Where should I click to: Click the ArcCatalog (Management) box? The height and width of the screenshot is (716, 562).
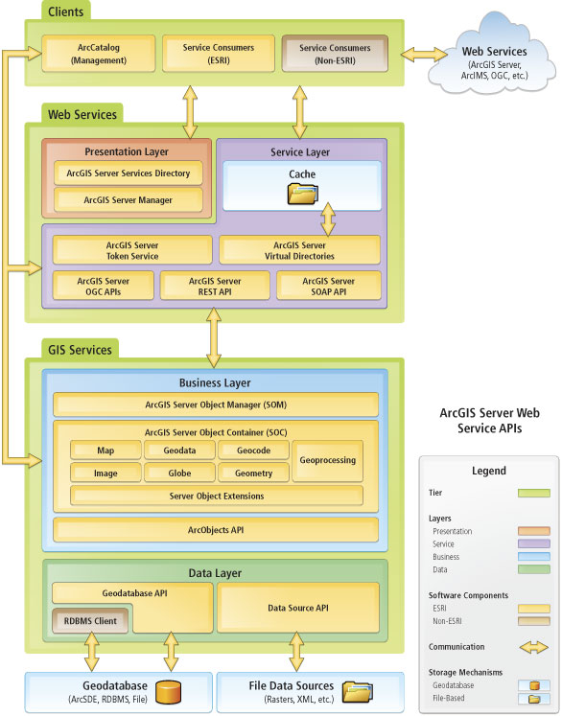click(98, 54)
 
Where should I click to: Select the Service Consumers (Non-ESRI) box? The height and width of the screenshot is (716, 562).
click(335, 54)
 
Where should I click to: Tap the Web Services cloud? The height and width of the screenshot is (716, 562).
click(492, 54)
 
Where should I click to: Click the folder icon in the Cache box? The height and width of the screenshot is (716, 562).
click(302, 194)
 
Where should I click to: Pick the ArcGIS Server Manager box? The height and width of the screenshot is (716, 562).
click(128, 200)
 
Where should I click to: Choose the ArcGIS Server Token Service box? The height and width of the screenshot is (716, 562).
click(132, 250)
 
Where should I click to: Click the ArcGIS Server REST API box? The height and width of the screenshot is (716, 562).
click(215, 286)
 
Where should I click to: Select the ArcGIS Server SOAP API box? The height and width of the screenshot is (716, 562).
click(329, 286)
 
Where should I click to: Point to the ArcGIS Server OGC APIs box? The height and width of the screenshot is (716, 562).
click(104, 286)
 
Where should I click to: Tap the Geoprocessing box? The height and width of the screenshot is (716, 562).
click(328, 461)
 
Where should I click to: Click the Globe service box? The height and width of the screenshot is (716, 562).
click(179, 473)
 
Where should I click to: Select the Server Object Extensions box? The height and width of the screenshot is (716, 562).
click(217, 496)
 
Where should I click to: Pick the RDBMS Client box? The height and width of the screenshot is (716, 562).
click(90, 620)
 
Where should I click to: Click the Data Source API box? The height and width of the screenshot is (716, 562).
click(298, 608)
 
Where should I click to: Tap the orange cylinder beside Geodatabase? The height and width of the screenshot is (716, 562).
click(168, 692)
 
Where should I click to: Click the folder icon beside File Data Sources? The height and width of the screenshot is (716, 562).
click(358, 692)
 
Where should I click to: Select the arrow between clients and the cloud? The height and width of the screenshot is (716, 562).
click(424, 55)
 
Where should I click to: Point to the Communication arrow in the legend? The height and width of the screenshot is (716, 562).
click(534, 647)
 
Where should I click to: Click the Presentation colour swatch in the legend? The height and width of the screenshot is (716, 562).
click(534, 531)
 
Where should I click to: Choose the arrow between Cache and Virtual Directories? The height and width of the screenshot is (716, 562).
click(328, 219)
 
